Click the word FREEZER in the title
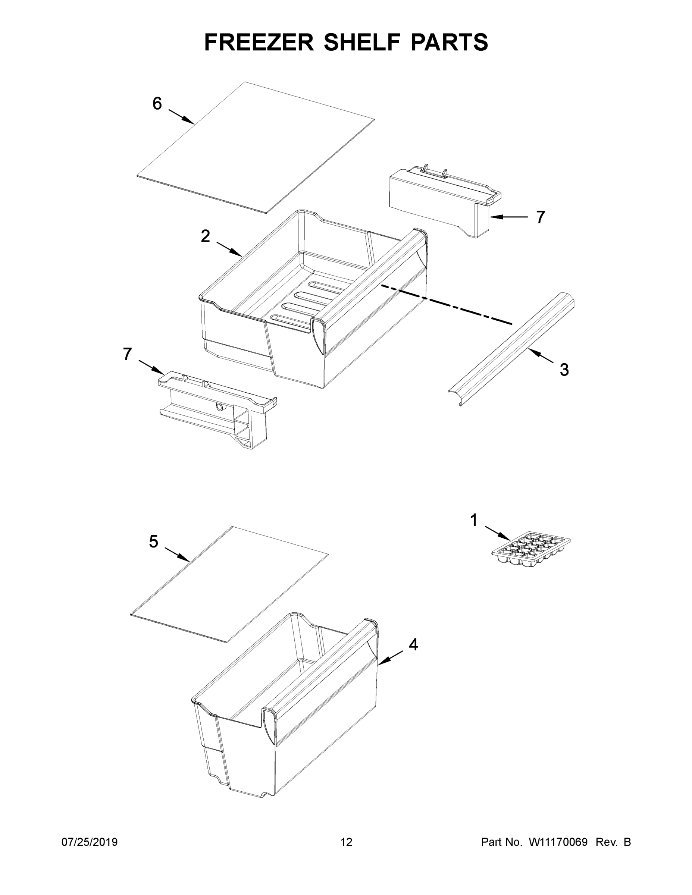pos(259,42)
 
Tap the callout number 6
pos(157,104)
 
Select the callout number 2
pos(206,236)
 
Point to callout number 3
pos(564,370)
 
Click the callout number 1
pos(474,520)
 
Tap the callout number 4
pos(413,645)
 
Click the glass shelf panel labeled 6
pos(256,148)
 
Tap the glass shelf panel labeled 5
pos(229,584)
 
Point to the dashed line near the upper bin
pos(447,305)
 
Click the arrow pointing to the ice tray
pos(497,532)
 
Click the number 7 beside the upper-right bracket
pos(541,217)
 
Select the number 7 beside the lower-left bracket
pos(128,354)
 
